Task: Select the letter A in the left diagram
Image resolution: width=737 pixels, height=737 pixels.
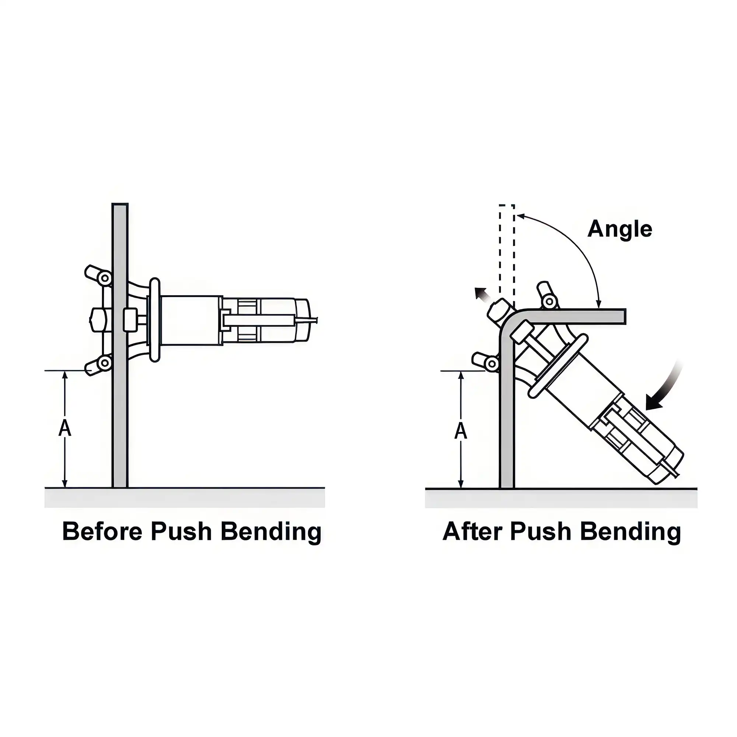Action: pyautogui.click(x=65, y=429)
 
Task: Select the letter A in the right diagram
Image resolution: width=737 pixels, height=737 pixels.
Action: pyautogui.click(x=461, y=431)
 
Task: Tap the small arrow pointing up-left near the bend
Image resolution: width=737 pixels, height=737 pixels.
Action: pyautogui.click(x=481, y=294)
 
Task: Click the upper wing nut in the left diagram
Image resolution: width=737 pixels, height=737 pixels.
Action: pyautogui.click(x=98, y=275)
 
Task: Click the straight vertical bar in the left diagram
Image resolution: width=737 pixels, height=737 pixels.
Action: pyautogui.click(x=120, y=420)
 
